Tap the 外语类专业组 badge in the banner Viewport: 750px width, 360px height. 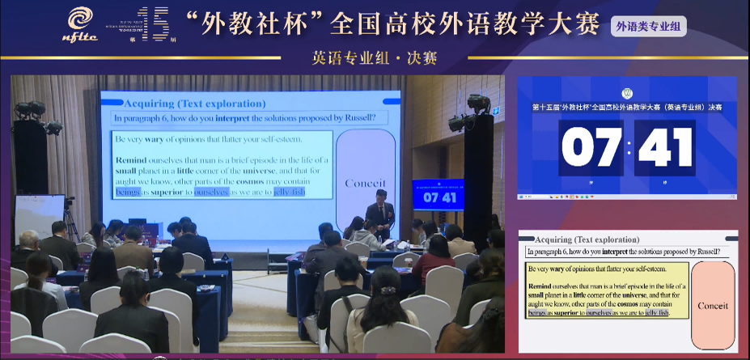click(649, 27)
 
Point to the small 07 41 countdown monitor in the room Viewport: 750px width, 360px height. click(439, 197)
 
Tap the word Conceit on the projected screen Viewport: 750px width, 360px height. click(365, 183)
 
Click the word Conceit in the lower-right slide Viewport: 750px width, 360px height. click(712, 306)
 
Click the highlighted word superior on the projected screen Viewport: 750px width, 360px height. click(165, 193)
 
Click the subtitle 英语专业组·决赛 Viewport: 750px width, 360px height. click(375, 58)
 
